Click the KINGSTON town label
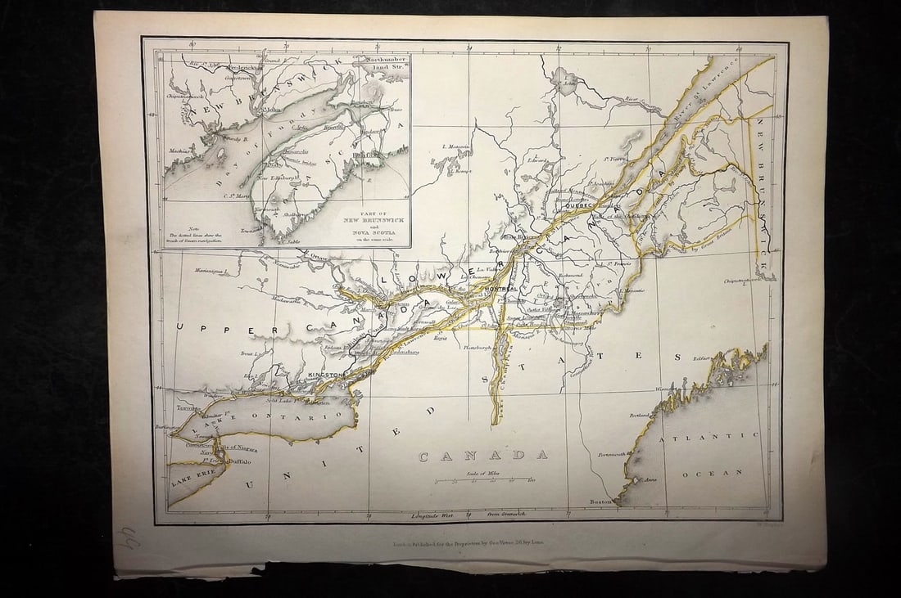pyautogui.click(x=325, y=374)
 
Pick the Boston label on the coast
pyautogui.click(x=602, y=501)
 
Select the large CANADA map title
pyautogui.click(x=483, y=456)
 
